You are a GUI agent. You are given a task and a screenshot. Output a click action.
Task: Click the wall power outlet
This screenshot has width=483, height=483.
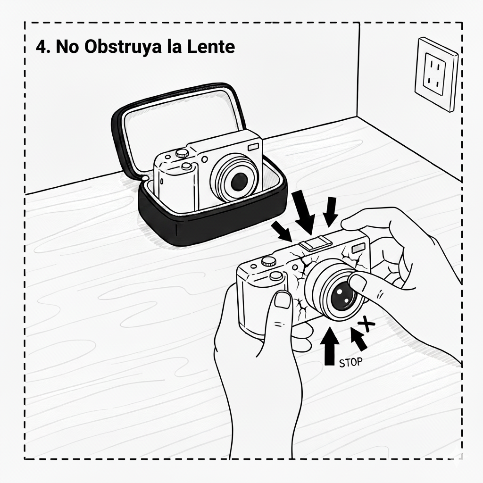pyautogui.click(x=436, y=74)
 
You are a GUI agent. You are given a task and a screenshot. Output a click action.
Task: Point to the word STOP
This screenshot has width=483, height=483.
pyautogui.click(x=350, y=362)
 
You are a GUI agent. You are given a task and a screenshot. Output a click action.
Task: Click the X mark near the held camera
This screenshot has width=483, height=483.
pyautogui.click(x=366, y=324)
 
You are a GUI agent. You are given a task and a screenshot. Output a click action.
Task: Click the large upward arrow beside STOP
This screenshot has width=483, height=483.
pyautogui.click(x=330, y=346)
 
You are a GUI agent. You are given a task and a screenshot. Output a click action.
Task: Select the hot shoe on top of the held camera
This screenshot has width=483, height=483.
pyautogui.click(x=316, y=242)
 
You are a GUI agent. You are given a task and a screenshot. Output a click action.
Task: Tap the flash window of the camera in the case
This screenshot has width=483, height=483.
pyautogui.click(x=254, y=147)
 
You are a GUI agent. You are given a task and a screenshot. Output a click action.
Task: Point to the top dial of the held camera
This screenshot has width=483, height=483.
pyautogui.click(x=269, y=261)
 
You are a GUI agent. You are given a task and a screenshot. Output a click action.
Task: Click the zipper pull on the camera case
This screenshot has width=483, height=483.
pyautogui.click(x=144, y=178)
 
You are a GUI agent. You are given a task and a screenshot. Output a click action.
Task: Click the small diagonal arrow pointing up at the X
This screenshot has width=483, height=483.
pyautogui.click(x=359, y=339)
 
